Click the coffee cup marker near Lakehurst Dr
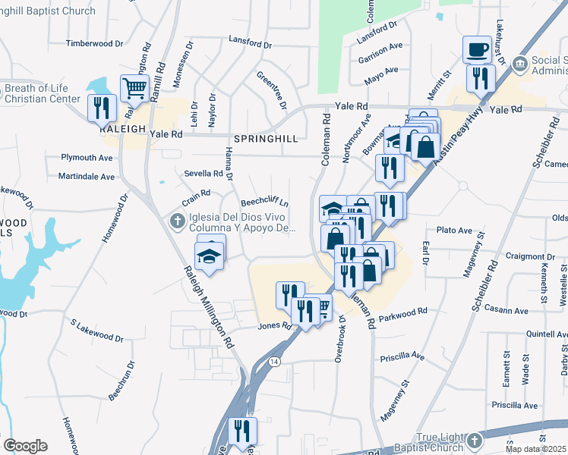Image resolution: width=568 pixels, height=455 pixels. point(477,49)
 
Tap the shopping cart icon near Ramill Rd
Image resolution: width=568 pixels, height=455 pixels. point(134,87)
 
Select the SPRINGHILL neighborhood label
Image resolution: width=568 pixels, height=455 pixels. point(263,139)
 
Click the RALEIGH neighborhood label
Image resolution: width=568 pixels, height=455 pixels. point(121,130)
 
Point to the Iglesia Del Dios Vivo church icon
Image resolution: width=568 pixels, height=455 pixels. point(176,221)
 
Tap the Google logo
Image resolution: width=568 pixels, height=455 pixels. point(25,446)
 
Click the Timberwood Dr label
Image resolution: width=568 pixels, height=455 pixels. point(94,43)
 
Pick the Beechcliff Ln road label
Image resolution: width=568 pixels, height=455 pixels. point(265,202)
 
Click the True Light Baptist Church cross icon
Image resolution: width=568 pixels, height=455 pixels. point(475,441)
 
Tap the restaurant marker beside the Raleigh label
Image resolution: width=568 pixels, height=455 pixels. point(101,107)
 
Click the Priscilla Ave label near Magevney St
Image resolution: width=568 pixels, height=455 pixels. point(402,354)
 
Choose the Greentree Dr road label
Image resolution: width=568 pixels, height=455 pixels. point(271,89)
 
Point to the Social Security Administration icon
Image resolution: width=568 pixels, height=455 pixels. point(520,62)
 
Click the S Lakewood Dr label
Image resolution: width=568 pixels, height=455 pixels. point(96,331)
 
